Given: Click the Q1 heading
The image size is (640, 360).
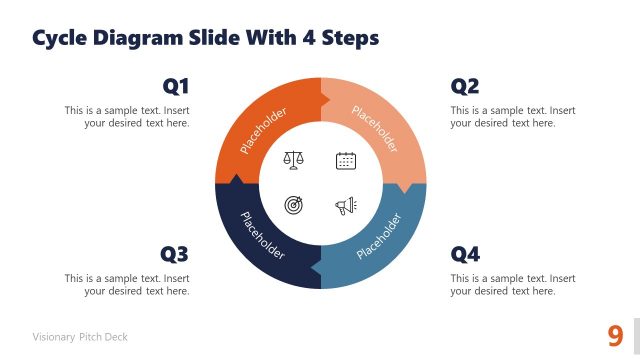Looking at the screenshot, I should coord(175,86).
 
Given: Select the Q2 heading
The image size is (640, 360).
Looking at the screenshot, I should coord(465,86).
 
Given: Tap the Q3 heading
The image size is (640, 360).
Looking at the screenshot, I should coord(175,254).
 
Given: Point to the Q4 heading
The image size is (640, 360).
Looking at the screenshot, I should coord(465,254).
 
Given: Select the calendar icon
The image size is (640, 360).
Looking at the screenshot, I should coord(346,160).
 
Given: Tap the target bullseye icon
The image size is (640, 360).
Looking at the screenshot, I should coord(294,206).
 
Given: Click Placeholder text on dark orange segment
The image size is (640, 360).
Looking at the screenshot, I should coord(263,131).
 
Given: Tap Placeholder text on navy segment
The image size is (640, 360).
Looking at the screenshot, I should coord(262,236).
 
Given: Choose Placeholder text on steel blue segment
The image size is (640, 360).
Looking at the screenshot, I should coord(378,235).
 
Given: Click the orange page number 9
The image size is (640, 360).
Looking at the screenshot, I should coord(615,335).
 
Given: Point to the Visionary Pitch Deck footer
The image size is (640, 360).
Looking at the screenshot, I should coord(80,337).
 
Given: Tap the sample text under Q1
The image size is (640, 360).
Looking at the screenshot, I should coord(127,117).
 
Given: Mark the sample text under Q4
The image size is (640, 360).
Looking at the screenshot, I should coord(512,285).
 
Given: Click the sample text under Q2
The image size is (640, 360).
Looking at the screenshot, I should coord(512,117).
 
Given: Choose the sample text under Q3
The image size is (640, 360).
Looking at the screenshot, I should coord(127,285).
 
